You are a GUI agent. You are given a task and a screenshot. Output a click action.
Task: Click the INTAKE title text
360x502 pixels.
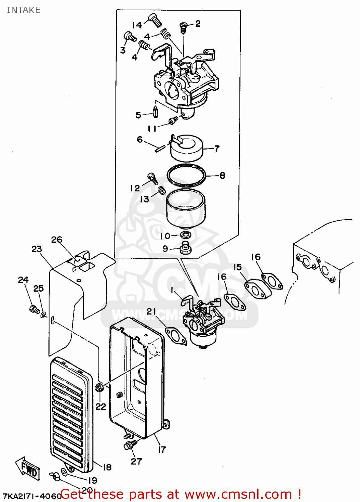tap(23, 10)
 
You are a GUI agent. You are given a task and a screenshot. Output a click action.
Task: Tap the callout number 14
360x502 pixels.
tap(137, 25)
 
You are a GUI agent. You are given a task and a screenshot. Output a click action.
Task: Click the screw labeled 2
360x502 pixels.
tap(183, 27)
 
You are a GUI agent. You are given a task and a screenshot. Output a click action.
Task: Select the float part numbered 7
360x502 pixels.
tap(187, 149)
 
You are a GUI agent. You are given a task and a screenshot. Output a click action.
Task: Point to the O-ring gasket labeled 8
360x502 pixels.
tap(186, 175)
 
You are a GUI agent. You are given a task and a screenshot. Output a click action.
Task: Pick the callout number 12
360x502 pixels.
tap(135, 188)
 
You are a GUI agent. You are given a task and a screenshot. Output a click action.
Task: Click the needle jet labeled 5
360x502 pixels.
tap(155, 111)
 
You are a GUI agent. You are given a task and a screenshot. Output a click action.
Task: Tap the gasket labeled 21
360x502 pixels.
tap(176, 336)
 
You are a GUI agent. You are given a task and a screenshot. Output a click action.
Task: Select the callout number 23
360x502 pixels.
tap(37, 249)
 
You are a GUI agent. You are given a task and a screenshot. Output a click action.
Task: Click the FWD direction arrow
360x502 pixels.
tap(28, 469)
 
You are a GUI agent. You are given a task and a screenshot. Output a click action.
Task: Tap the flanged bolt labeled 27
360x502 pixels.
tap(130, 445)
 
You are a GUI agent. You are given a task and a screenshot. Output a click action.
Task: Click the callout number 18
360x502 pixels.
tap(107, 467)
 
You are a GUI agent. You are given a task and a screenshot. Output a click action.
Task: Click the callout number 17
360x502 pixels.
tap(162, 449)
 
